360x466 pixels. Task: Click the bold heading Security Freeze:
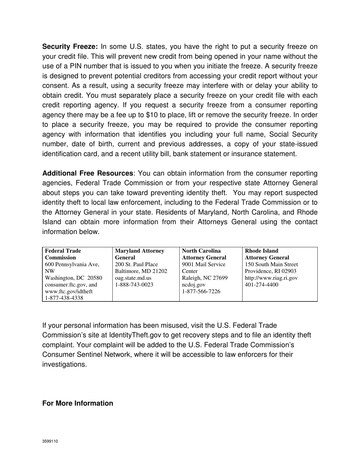70,47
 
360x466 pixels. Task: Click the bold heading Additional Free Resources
88,174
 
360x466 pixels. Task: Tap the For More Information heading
78,403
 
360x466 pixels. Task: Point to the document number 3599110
50,441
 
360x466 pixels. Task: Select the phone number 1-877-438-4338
64,298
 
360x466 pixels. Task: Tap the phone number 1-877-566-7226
201,292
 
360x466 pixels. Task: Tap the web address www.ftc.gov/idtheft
69,292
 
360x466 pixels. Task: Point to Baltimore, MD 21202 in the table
141,271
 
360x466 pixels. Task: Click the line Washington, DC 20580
74,278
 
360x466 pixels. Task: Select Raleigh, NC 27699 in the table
205,278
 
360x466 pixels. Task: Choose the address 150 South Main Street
271,264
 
